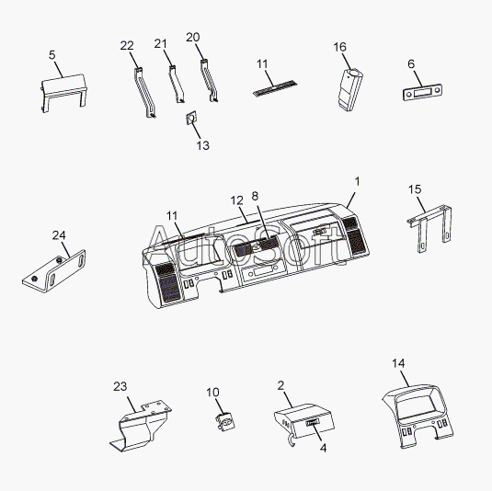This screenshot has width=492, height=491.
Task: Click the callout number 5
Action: [52, 55]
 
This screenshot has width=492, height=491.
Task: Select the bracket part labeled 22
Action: [144, 93]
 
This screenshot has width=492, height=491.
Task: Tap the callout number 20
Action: [192, 38]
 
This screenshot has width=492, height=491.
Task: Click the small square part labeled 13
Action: [190, 118]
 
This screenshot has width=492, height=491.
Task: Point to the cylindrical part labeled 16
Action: [350, 90]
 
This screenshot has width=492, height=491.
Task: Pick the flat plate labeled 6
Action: [422, 92]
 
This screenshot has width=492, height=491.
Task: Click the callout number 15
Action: [415, 189]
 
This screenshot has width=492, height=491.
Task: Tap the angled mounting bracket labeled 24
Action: [54, 271]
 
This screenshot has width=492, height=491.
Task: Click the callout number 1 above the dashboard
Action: [357, 181]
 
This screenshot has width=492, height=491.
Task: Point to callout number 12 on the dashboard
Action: [237, 200]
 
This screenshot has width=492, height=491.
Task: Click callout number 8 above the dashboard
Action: [255, 196]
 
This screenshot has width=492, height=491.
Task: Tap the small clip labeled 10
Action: [225, 422]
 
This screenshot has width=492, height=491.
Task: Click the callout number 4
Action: [323, 448]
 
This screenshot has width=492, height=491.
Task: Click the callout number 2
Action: [280, 385]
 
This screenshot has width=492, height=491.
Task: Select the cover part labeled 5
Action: [64, 93]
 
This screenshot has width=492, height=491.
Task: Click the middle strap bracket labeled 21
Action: [177, 84]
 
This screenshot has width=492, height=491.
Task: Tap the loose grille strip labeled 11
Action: [275, 88]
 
